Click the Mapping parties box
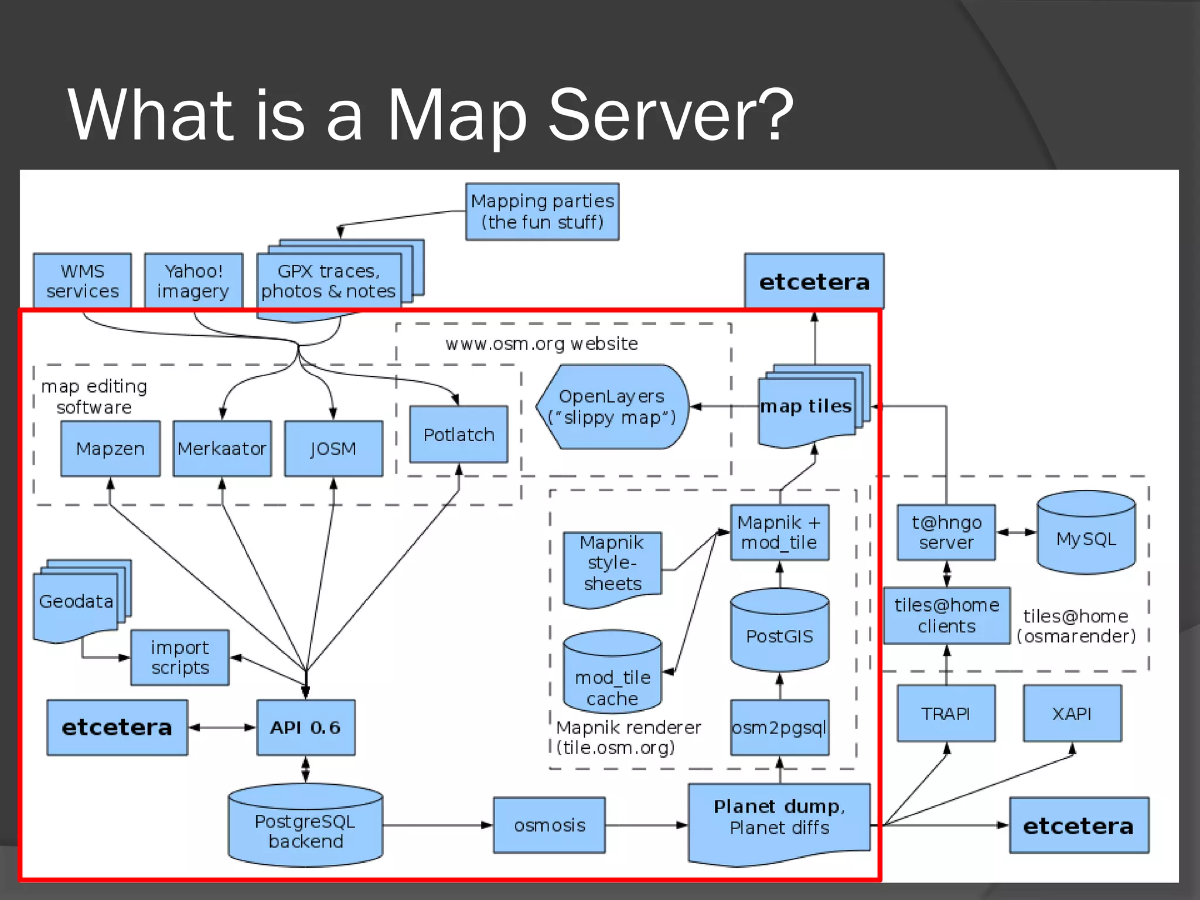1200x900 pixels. [542, 212]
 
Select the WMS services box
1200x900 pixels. [82, 281]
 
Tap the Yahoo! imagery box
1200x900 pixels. [193, 281]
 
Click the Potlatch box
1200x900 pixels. [459, 434]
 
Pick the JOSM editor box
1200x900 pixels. [333, 448]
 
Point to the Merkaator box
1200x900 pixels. [222, 448]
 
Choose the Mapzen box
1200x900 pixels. [110, 448]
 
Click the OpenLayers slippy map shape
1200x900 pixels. [612, 407]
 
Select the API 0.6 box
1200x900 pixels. [306, 727]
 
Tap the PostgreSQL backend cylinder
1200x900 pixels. [306, 826]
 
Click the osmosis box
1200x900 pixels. [550, 825]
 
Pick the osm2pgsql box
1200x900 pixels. [779, 727]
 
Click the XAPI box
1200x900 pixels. [1072, 713]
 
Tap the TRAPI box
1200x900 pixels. [946, 713]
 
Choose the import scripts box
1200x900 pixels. [180, 657]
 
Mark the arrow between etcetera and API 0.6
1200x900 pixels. [222, 727]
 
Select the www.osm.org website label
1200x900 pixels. [542, 343]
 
